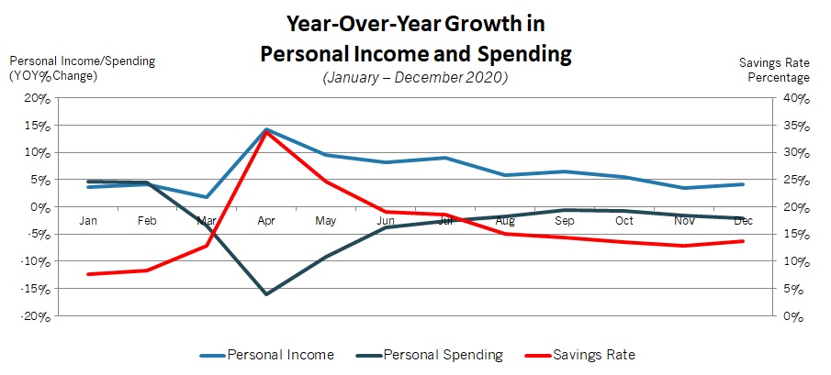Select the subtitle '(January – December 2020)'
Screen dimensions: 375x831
click(x=415, y=78)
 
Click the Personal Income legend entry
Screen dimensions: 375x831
click(x=279, y=355)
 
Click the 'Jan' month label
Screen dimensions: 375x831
click(x=88, y=221)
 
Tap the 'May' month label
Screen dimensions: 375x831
click(x=326, y=221)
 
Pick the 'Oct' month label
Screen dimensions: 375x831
click(x=624, y=221)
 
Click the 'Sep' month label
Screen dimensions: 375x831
click(x=564, y=221)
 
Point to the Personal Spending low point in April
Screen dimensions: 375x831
click(x=266, y=294)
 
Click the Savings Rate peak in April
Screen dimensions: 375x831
click(x=266, y=132)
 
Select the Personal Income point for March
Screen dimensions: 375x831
click(x=207, y=197)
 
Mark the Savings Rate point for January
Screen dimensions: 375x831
click(x=88, y=274)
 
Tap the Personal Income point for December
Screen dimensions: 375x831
click(x=743, y=184)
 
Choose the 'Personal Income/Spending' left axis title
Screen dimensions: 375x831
click(x=83, y=61)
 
